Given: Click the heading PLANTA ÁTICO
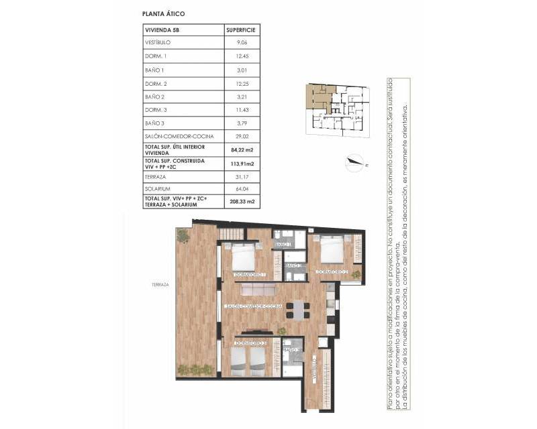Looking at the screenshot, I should (164, 13).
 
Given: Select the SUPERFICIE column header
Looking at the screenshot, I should (240, 30).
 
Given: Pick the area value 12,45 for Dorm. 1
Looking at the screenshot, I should (240, 57).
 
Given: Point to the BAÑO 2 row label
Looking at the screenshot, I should (155, 97).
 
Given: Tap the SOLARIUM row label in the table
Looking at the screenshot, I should (159, 189).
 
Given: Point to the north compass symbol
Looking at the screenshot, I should (354, 160).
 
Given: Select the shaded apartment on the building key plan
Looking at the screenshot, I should (318, 98).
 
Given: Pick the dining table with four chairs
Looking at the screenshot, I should (298, 310).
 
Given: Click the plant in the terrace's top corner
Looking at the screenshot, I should (183, 236).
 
